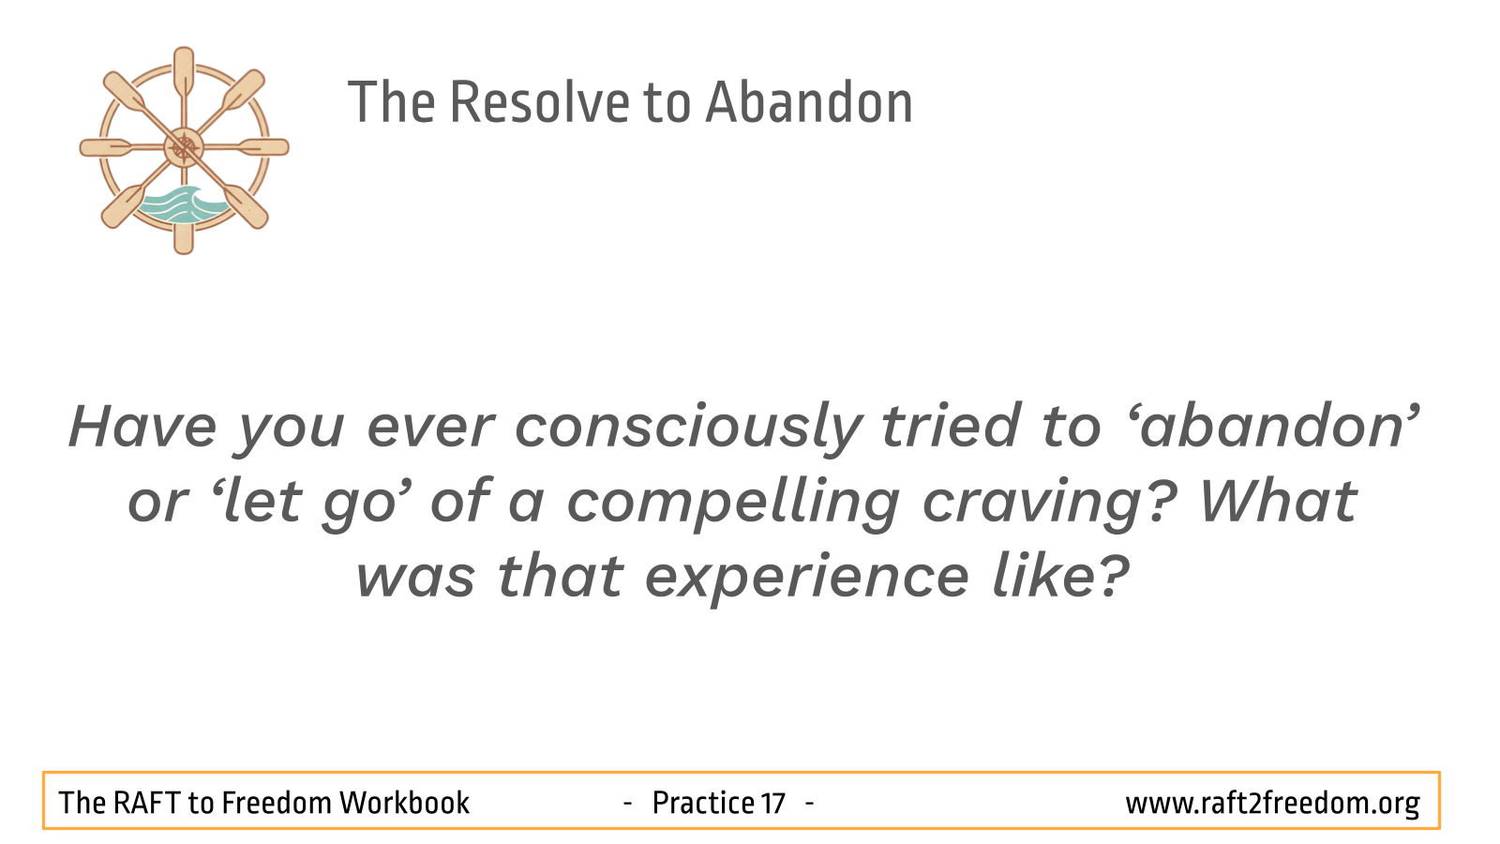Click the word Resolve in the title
click(540, 102)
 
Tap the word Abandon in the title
click(810, 102)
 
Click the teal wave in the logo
click(182, 205)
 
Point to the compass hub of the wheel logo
click(184, 147)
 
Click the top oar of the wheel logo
click(184, 74)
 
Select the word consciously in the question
click(688, 429)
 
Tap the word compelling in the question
click(733, 504)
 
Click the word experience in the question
click(806, 579)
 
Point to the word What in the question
click(1278, 501)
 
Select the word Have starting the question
click(142, 426)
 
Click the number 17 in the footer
click(772, 803)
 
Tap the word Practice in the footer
click(703, 803)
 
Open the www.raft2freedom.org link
click(1272, 804)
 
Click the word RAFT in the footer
click(147, 803)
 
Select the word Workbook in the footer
click(404, 803)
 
